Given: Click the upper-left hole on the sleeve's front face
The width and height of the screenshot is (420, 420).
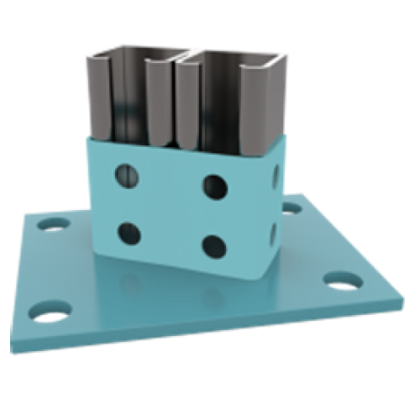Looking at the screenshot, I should [125, 174].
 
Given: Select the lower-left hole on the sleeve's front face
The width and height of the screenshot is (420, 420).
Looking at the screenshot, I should [129, 231].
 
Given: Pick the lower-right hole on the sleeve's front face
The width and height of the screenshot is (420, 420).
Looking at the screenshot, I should [213, 245].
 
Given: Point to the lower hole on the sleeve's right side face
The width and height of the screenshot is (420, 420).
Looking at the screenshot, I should [271, 232].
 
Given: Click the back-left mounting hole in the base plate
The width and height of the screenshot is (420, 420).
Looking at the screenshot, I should [55, 225].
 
